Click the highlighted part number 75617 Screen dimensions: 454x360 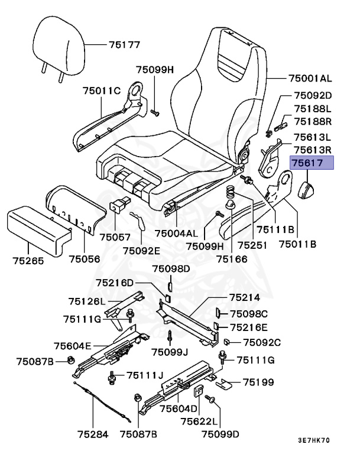pos(311,164)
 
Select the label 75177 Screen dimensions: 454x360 pos(124,44)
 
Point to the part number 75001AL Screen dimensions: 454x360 pos(310,78)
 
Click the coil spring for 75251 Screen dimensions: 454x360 pos(232,193)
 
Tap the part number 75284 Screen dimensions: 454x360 pos(92,434)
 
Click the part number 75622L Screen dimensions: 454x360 pos(199,421)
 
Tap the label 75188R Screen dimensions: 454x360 pos(313,121)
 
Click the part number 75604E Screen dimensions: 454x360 pos(72,346)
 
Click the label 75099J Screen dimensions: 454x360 pos(169,352)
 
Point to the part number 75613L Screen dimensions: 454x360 pos(313,138)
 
